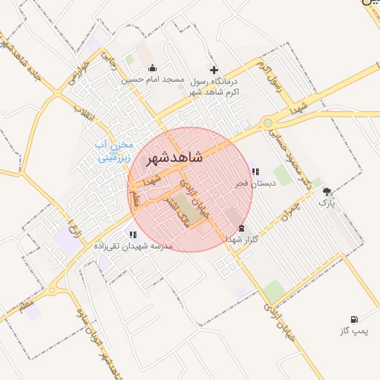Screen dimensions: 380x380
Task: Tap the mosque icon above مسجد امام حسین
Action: click(153, 68)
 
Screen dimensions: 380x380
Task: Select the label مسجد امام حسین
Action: click(153, 80)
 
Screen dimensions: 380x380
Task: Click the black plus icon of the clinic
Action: click(214, 69)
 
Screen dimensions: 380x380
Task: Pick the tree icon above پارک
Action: click(327, 191)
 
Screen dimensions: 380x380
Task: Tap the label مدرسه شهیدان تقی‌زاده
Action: click(133, 245)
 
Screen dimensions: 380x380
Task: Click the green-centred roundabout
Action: click(267, 122)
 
